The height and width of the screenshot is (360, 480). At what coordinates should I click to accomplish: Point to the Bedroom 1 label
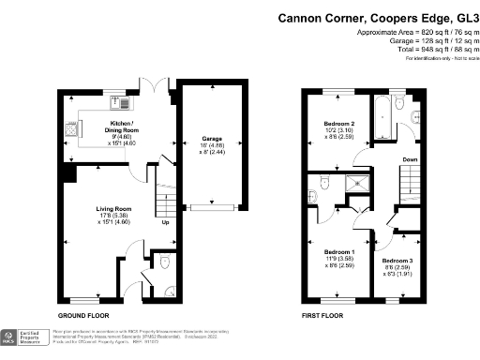(x=338, y=253)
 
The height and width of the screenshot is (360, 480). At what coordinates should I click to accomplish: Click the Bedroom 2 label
(x=338, y=124)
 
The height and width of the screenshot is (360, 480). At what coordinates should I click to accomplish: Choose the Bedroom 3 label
(x=397, y=260)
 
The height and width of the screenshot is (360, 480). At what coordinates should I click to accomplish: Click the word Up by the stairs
(x=165, y=224)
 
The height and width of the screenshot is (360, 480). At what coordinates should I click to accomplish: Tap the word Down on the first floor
(x=409, y=159)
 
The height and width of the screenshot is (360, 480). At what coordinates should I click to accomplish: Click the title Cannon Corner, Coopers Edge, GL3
(x=374, y=18)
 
